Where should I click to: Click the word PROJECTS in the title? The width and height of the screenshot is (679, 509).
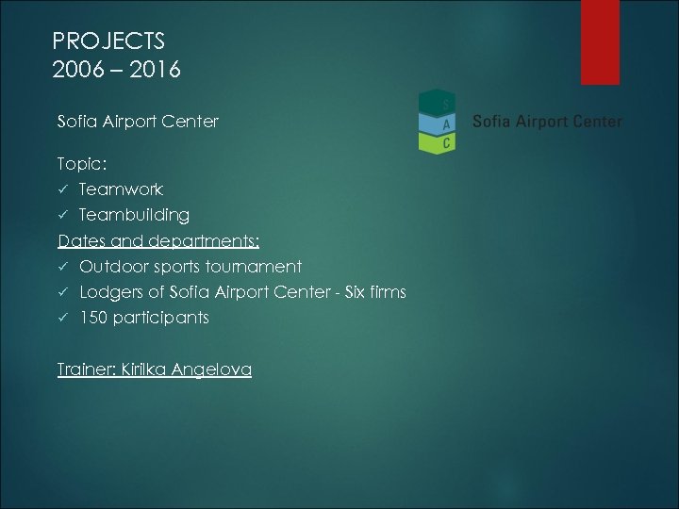108,41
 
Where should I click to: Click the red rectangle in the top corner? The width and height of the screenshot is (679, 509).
600,42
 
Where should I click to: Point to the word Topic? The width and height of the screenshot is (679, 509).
81,164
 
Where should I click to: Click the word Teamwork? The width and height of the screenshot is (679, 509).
121,189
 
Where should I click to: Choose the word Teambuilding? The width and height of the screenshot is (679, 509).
134,215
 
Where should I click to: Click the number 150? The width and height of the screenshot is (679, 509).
92,318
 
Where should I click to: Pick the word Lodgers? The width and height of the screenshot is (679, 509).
110,292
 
